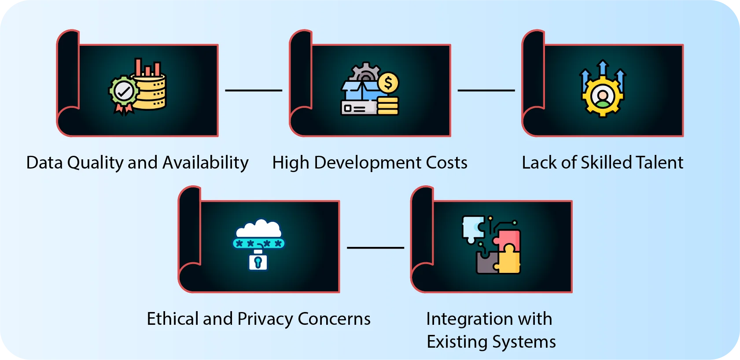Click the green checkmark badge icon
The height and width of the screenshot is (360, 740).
(x=124, y=92)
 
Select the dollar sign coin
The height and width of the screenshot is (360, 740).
(x=388, y=83)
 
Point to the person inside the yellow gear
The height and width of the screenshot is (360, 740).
(x=603, y=96)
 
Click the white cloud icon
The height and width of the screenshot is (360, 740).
(x=258, y=228)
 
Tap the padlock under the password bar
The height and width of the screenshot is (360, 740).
(x=258, y=261)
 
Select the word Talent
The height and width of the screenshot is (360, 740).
(x=659, y=163)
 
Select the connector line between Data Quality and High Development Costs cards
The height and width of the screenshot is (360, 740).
(x=254, y=90)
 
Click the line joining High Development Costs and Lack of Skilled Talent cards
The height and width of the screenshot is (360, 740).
(x=486, y=90)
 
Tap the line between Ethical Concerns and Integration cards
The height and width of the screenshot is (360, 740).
(x=375, y=247)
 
